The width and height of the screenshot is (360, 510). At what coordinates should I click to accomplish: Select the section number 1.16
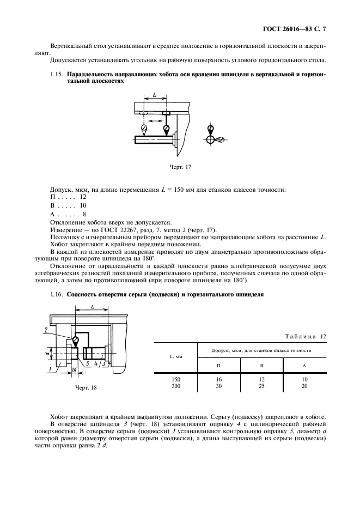point(56,295)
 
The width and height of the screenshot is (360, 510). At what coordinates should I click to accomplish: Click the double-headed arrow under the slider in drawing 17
point(155,120)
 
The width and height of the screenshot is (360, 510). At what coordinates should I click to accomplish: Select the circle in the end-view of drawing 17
point(211,140)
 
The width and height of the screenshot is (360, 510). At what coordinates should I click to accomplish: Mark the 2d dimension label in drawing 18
point(74,371)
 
